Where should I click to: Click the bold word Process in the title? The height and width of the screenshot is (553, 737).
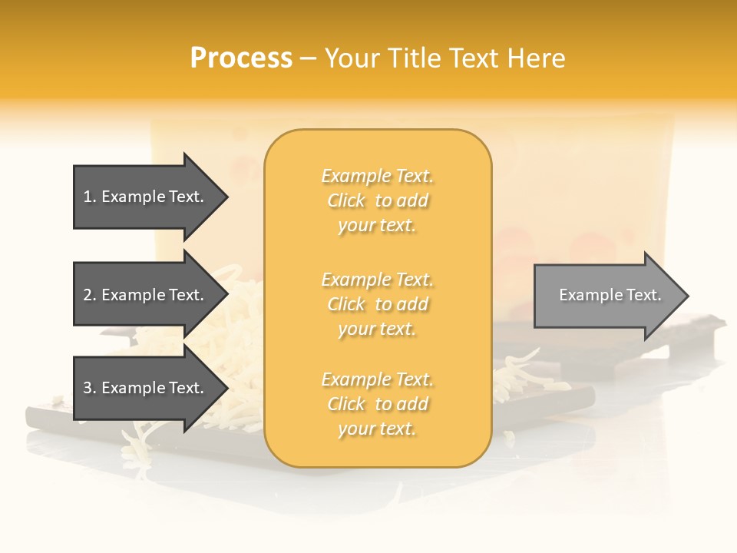click(241, 58)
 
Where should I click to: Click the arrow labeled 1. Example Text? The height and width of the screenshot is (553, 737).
click(146, 197)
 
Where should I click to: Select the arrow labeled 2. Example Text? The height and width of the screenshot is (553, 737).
click(146, 295)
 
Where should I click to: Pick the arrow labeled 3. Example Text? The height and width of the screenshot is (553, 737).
click(146, 388)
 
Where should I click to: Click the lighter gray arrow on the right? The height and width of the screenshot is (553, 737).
click(606, 295)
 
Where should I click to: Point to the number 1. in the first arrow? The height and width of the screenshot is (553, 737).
click(90, 197)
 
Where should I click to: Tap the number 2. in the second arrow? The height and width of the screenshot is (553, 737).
click(90, 295)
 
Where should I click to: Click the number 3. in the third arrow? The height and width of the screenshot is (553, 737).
click(90, 388)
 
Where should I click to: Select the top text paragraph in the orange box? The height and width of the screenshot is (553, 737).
click(377, 200)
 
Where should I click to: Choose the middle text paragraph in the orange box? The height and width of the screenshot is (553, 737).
click(377, 304)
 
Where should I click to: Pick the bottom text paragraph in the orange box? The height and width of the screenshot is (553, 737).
click(377, 404)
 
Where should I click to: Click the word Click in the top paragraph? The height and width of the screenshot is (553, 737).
click(346, 200)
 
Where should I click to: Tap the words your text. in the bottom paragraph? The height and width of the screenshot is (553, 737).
click(377, 429)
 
